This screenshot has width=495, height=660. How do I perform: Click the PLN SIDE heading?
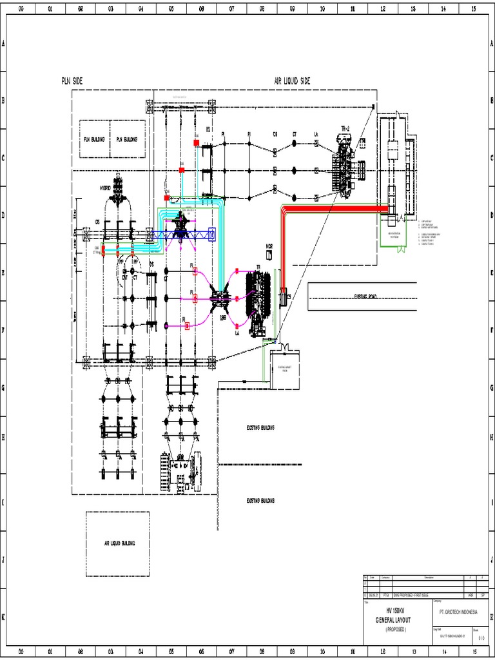coord(72,81)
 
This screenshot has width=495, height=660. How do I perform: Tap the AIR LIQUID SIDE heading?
coord(292,81)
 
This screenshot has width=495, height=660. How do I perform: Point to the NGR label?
coord(269,246)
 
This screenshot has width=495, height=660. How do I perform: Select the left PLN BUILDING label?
coord(94,139)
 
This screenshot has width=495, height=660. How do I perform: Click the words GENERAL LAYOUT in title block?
coord(397,619)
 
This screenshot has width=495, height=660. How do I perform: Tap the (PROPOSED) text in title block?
coord(396,628)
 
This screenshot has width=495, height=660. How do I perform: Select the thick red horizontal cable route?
coord(335,209)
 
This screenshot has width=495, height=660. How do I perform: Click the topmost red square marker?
coord(196,142)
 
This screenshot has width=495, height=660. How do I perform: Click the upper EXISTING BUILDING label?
coord(261,427)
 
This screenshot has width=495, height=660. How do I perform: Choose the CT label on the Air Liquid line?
coord(295,134)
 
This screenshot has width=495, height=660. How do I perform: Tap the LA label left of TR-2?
coord(316,134)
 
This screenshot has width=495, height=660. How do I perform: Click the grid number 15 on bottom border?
coord(473,652)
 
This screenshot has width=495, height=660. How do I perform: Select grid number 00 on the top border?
coord(21,9)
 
